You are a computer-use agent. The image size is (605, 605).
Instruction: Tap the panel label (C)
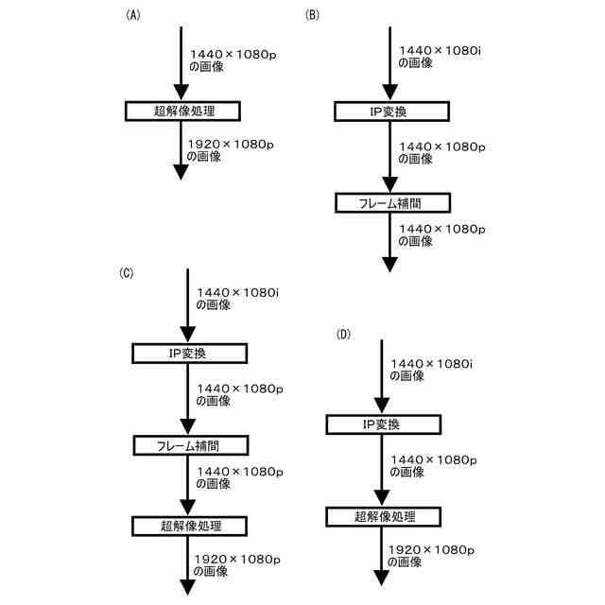point(127,273)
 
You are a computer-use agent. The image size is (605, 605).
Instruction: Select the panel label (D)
point(343,335)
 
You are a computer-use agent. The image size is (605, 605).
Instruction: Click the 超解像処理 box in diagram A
point(183,111)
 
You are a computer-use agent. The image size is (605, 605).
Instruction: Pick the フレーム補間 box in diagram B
point(392,202)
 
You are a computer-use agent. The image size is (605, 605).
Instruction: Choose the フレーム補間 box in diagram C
point(188,444)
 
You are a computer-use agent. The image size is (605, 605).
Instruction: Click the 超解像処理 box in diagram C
point(188,524)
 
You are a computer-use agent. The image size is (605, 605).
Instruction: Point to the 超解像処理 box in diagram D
point(384,516)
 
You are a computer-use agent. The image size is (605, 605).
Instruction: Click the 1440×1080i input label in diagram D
point(431,369)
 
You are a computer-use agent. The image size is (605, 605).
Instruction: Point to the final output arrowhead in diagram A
point(181,173)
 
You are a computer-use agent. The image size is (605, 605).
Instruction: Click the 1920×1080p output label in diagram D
point(431,556)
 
